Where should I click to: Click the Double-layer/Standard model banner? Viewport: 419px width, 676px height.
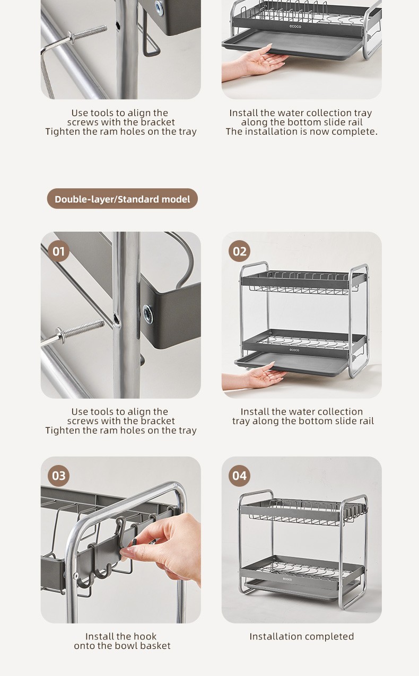pyautogui.click(x=123, y=199)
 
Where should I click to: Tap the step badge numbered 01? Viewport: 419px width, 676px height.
pyautogui.click(x=58, y=251)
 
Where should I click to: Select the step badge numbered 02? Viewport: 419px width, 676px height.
pyautogui.click(x=239, y=251)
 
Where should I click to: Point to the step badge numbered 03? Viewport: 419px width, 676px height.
pyautogui.click(x=58, y=476)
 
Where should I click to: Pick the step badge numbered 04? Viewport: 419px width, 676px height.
pyautogui.click(x=239, y=476)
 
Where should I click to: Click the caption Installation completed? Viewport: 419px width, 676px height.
pyautogui.click(x=302, y=636)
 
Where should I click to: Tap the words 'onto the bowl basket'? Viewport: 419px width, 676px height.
pyautogui.click(x=123, y=646)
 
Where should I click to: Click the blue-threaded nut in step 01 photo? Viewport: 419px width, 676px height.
pyautogui.click(x=147, y=314)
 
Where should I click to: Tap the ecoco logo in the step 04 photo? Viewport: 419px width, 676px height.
pyautogui.click(x=287, y=579)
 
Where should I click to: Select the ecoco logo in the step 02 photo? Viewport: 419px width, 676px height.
pyautogui.click(x=294, y=350)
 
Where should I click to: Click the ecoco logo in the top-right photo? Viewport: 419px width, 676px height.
pyautogui.click(x=295, y=27)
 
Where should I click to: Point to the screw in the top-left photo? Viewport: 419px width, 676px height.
pyautogui.click(x=74, y=39)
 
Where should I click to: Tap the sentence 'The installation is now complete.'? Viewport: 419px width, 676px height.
pyautogui.click(x=302, y=131)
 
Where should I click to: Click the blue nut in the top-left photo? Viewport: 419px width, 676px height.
pyautogui.click(x=159, y=7)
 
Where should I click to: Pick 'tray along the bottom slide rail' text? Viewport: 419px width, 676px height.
pyautogui.click(x=303, y=421)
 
